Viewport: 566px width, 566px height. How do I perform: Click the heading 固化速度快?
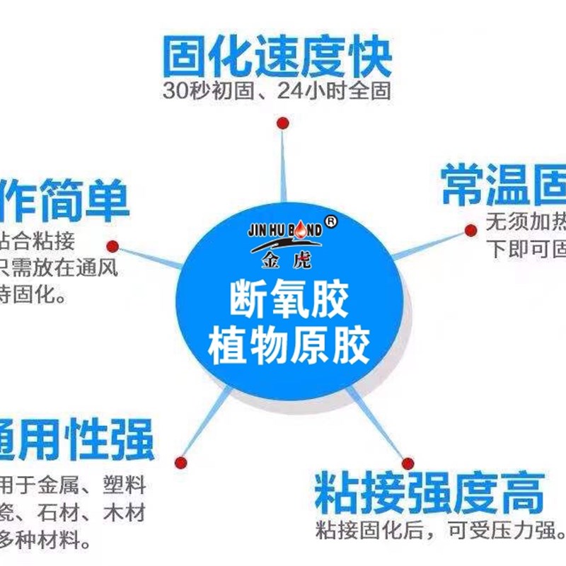coord(277,57)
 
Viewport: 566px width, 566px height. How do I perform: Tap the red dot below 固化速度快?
coord(283,123)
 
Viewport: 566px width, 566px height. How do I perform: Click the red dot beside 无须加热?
coord(470,230)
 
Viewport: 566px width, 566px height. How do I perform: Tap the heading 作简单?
coord(65,200)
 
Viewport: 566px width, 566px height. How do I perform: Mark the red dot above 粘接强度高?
coord(408,463)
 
